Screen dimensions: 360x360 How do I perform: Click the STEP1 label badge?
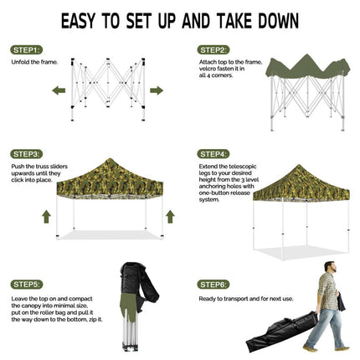(x=27, y=50)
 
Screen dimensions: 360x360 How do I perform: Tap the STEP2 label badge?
(x=213, y=50)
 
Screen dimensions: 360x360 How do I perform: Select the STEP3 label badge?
(x=27, y=154)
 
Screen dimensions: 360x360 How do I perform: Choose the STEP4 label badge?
(x=213, y=154)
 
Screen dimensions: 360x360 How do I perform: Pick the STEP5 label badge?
(x=27, y=285)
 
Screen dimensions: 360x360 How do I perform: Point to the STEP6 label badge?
(x=213, y=285)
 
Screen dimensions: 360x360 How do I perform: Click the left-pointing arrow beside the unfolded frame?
(x=59, y=90)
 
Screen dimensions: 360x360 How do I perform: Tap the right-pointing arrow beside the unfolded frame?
(x=157, y=90)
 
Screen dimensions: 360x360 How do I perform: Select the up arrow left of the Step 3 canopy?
(x=46, y=217)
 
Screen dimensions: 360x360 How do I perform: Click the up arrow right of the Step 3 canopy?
(x=170, y=217)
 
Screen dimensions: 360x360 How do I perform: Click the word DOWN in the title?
(x=278, y=21)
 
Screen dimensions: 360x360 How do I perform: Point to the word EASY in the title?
(x=79, y=21)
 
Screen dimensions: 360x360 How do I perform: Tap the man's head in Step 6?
(x=330, y=267)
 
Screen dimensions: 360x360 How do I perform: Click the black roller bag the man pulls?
(x=282, y=332)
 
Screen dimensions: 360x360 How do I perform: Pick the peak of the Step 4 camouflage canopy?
(x=299, y=165)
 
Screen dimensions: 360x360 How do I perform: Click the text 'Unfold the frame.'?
(x=34, y=62)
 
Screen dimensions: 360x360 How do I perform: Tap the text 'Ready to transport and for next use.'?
(x=246, y=299)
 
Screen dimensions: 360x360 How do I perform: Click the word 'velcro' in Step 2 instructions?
(x=208, y=69)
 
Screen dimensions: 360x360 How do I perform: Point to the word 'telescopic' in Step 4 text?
(x=243, y=167)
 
